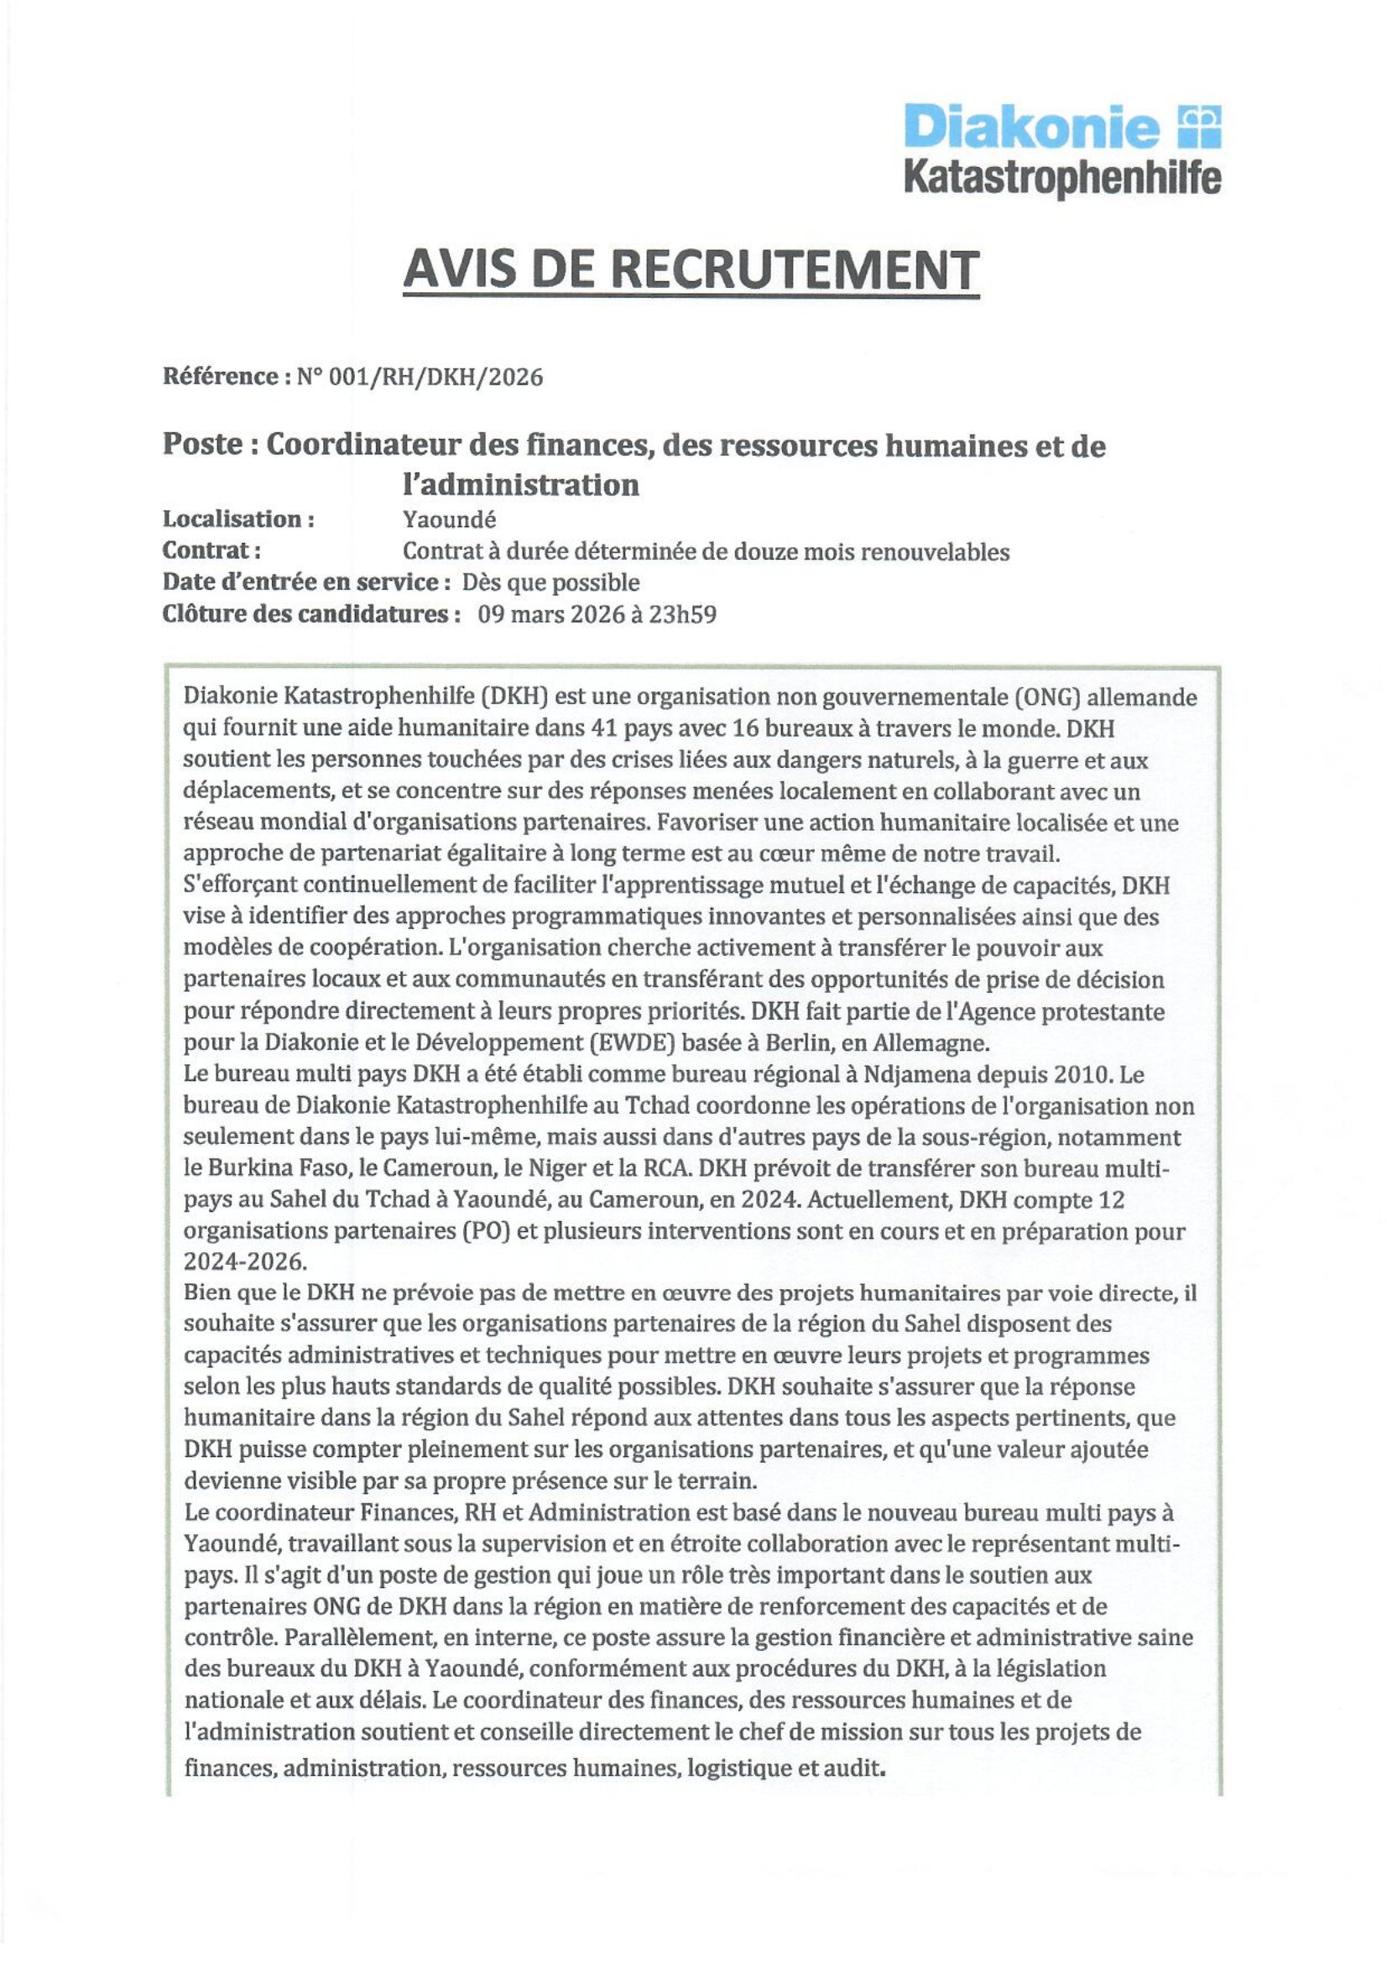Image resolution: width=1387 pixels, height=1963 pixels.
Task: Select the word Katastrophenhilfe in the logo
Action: (1062, 178)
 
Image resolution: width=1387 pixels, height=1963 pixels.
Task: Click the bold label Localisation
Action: (238, 519)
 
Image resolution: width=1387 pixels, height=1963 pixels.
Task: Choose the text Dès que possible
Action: (550, 583)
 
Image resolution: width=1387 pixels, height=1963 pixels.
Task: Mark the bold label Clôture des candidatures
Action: (307, 614)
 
